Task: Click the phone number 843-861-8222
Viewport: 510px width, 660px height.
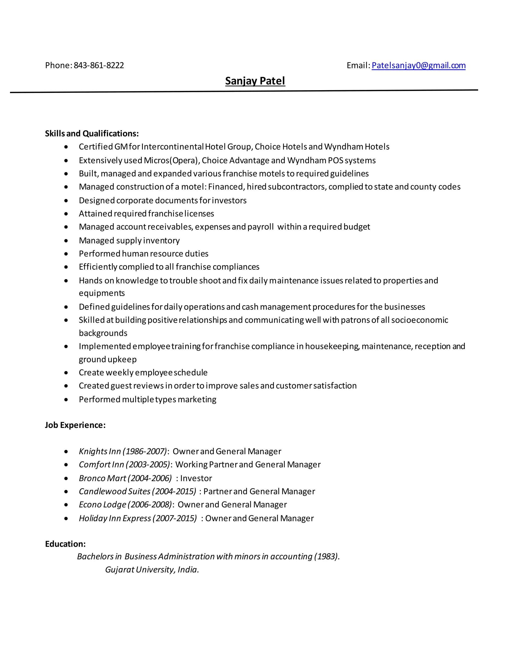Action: [x=99, y=65]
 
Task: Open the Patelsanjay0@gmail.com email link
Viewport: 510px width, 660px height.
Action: [x=418, y=65]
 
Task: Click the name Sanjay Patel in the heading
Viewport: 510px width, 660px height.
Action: [x=255, y=81]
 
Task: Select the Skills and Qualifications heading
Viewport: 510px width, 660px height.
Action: [x=92, y=133]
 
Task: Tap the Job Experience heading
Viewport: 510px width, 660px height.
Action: [x=75, y=425]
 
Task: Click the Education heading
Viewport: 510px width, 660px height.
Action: [x=65, y=544]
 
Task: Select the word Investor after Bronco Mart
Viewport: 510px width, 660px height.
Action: [x=196, y=478]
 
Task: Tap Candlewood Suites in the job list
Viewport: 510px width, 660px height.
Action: [x=115, y=491]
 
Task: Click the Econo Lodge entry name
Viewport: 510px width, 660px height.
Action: [x=102, y=504]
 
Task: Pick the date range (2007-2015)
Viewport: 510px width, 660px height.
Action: [x=175, y=518]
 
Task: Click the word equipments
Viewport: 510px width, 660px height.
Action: [x=102, y=293]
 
